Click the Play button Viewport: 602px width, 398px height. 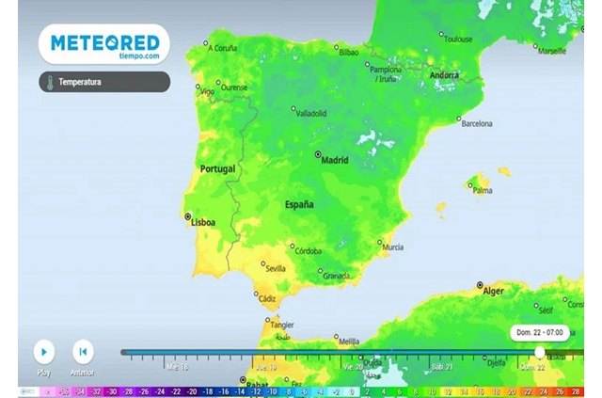pyautogui.click(x=43, y=352)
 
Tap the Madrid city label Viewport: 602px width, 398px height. pyautogui.click(x=335, y=160)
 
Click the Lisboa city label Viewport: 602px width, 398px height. pyautogui.click(x=204, y=222)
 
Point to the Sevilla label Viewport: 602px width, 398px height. pyautogui.click(x=276, y=268)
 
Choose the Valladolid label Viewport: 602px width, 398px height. pyautogui.click(x=311, y=113)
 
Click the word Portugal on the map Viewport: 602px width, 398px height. pyautogui.click(x=217, y=169)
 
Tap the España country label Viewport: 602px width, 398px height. pyautogui.click(x=299, y=204)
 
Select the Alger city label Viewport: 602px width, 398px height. pyautogui.click(x=494, y=291)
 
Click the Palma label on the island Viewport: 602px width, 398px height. pyautogui.click(x=483, y=190)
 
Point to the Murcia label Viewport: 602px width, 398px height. pyautogui.click(x=393, y=247)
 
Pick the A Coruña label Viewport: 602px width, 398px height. pyautogui.click(x=224, y=47)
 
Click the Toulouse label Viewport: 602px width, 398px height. pyautogui.click(x=458, y=40)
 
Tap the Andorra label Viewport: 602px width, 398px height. pyautogui.click(x=444, y=75)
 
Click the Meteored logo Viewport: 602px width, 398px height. pyautogui.click(x=104, y=44)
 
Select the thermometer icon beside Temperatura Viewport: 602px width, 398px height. pyautogui.click(x=46, y=82)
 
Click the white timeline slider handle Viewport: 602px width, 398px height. pyautogui.click(x=540, y=352)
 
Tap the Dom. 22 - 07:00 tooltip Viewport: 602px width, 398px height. pyautogui.click(x=538, y=333)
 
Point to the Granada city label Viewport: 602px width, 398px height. pyautogui.click(x=337, y=276)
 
